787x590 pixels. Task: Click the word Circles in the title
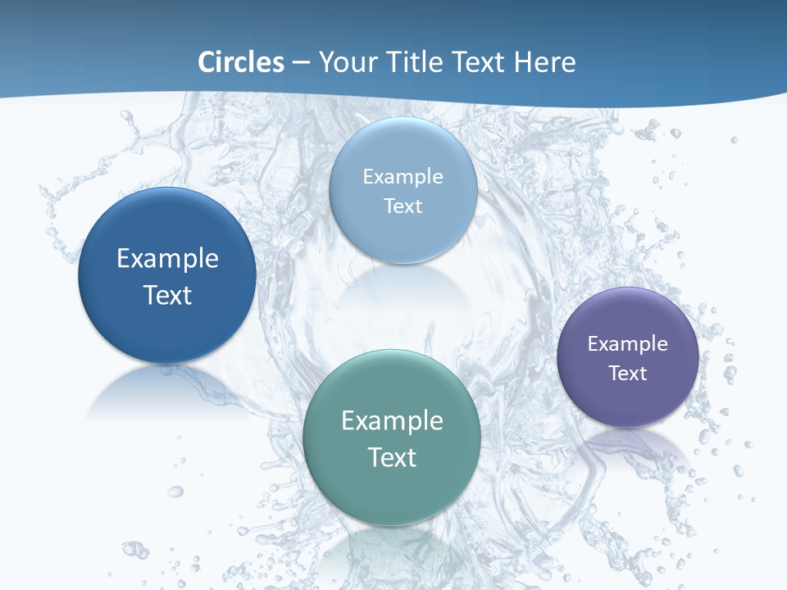tap(241, 62)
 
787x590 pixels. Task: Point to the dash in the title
tap(301, 63)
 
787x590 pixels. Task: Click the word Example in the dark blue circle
tap(167, 258)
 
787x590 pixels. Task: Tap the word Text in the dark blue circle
tap(167, 295)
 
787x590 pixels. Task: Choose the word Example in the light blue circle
tap(403, 176)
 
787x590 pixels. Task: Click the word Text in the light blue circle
tap(403, 206)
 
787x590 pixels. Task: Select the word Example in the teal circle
tap(392, 420)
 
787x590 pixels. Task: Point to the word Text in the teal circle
tap(392, 457)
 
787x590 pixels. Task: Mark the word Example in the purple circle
tap(627, 344)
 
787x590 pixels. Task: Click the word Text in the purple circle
tap(627, 374)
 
